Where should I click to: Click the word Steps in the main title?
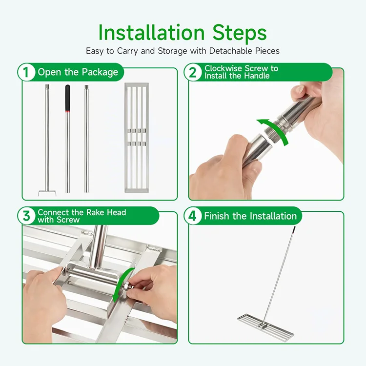(x=239, y=33)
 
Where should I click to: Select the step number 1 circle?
(x=26, y=72)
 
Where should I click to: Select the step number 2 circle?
(x=193, y=72)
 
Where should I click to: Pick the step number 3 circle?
(x=26, y=216)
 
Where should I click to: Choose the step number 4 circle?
(x=193, y=216)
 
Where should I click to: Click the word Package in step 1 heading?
(x=100, y=72)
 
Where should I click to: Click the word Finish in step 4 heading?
(x=218, y=216)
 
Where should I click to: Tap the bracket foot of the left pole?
(x=47, y=192)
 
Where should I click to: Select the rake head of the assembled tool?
(x=265, y=326)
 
